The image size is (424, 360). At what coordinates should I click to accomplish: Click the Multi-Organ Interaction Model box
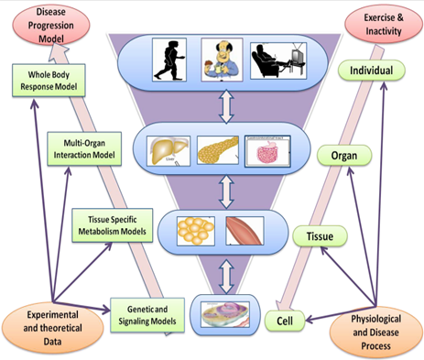(x=85, y=149)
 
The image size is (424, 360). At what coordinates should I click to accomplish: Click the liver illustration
(x=172, y=147)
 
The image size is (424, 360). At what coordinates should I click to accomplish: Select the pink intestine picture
(x=269, y=149)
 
